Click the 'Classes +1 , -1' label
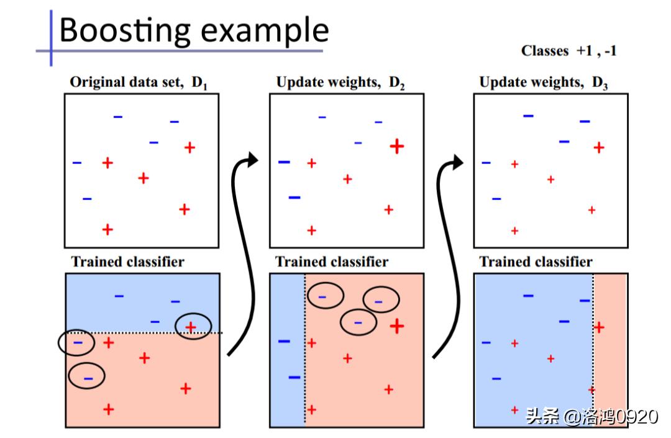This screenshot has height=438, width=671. tap(568, 51)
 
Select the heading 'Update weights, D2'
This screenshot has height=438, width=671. tap(340, 82)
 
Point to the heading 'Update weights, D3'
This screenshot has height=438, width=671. tap(544, 82)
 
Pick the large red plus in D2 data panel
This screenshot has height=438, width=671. tap(397, 146)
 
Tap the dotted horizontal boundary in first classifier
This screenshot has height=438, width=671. tap(149, 334)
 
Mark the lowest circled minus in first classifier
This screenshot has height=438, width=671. tap(88, 376)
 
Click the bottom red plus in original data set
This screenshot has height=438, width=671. tap(107, 229)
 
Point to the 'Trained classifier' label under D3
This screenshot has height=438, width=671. tap(536, 262)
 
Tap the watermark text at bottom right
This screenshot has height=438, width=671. tap(591, 416)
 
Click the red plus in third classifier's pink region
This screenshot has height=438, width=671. tap(600, 327)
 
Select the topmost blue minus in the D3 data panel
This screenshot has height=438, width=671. tap(528, 115)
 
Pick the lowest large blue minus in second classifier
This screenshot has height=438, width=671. tap(294, 377)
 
